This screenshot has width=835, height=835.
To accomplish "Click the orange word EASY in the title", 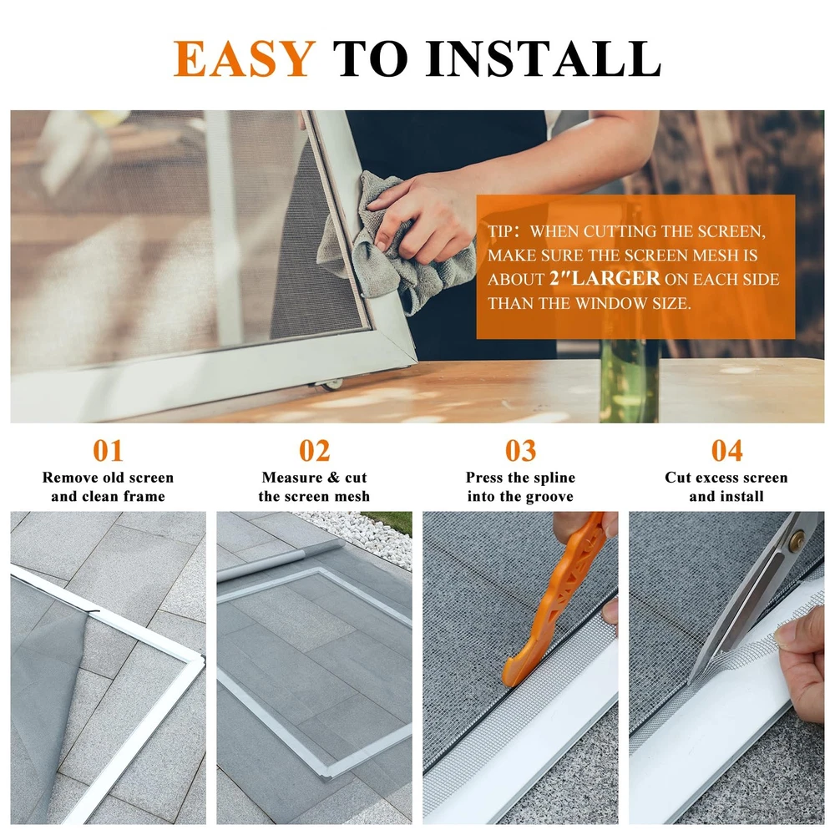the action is (245, 58).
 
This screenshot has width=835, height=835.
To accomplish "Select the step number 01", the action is (108, 451).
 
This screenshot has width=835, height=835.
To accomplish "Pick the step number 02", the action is (314, 451).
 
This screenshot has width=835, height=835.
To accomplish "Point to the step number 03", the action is (520, 451).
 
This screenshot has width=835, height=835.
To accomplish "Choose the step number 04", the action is (726, 451).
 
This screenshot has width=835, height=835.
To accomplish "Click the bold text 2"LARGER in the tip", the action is (605, 279).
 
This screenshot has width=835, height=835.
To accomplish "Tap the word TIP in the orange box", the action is (500, 231).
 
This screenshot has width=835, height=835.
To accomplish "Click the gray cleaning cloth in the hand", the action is (394, 245).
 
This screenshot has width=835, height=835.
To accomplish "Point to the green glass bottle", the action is (629, 380).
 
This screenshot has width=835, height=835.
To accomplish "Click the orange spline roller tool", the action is (554, 599).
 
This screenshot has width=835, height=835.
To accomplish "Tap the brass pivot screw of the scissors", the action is (797, 541).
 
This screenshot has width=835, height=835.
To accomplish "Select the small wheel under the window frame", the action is (332, 384).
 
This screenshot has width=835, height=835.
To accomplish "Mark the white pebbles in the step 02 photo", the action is (359, 534).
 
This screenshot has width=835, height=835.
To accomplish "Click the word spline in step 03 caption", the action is (554, 478).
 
